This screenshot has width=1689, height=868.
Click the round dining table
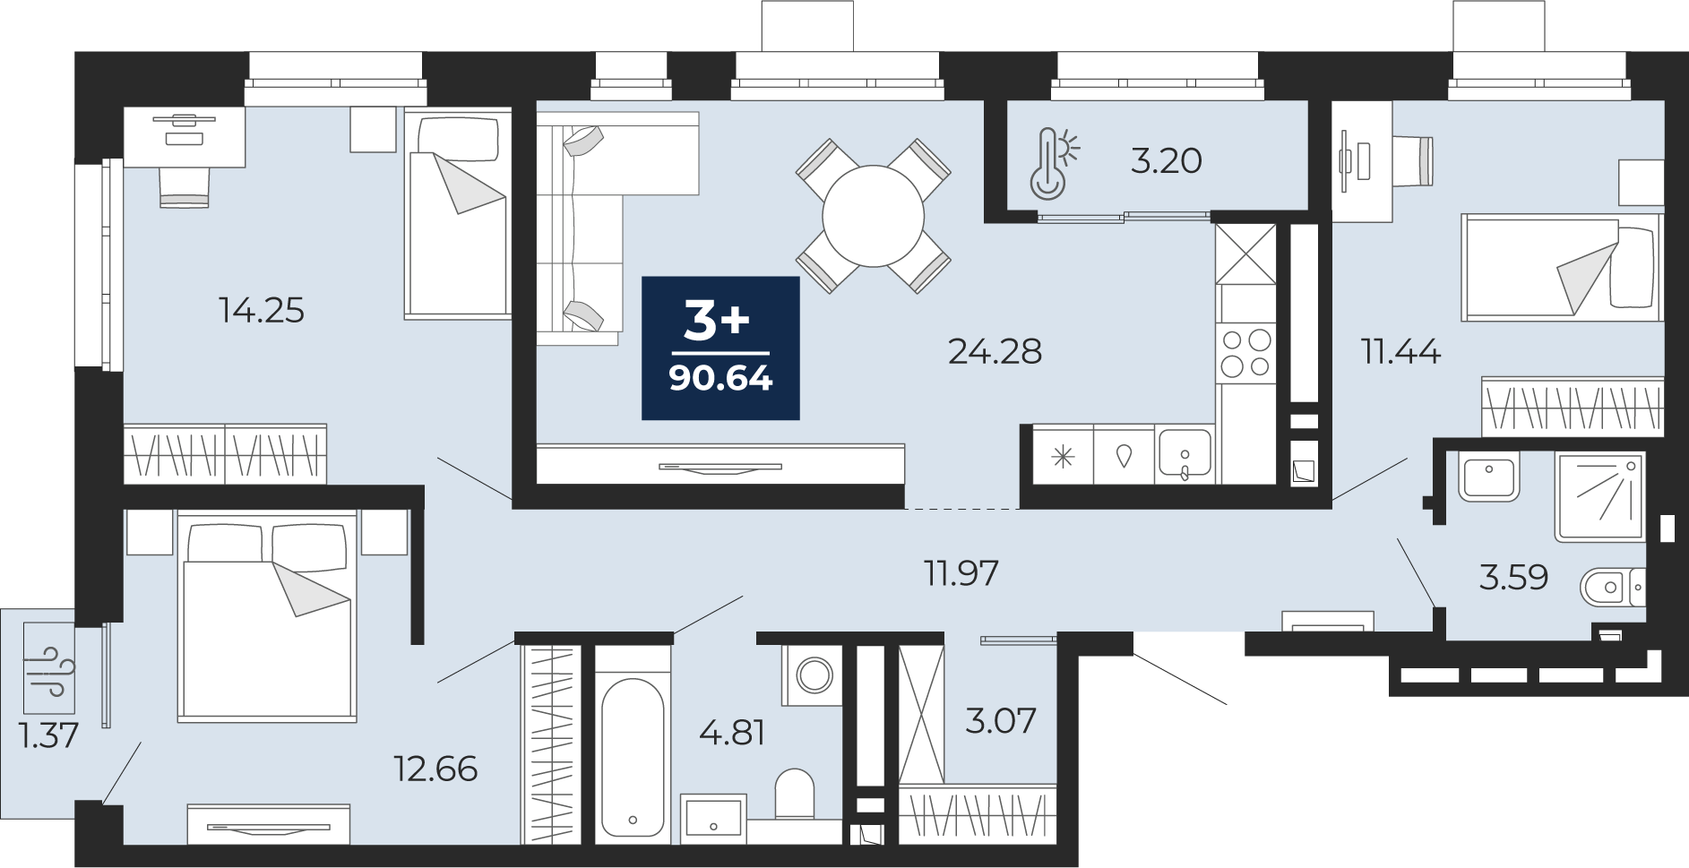coord(874,215)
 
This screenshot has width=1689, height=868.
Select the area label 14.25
coord(262,311)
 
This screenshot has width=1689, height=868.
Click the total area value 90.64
coord(720,379)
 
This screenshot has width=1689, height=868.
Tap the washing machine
coord(813,674)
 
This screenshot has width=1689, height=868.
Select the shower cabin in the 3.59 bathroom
coord(1600,497)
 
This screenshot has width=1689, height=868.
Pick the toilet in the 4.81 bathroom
coord(794,793)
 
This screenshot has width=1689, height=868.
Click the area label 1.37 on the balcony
coord(48,736)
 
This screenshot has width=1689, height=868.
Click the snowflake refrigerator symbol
coord(1064,457)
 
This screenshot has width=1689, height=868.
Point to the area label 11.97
coord(961,572)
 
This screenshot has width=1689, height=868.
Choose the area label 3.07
coord(1000,719)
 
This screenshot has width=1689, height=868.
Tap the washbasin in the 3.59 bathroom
coord(1488,477)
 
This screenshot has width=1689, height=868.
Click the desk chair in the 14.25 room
coord(184,186)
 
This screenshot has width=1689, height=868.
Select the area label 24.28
coord(995,352)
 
